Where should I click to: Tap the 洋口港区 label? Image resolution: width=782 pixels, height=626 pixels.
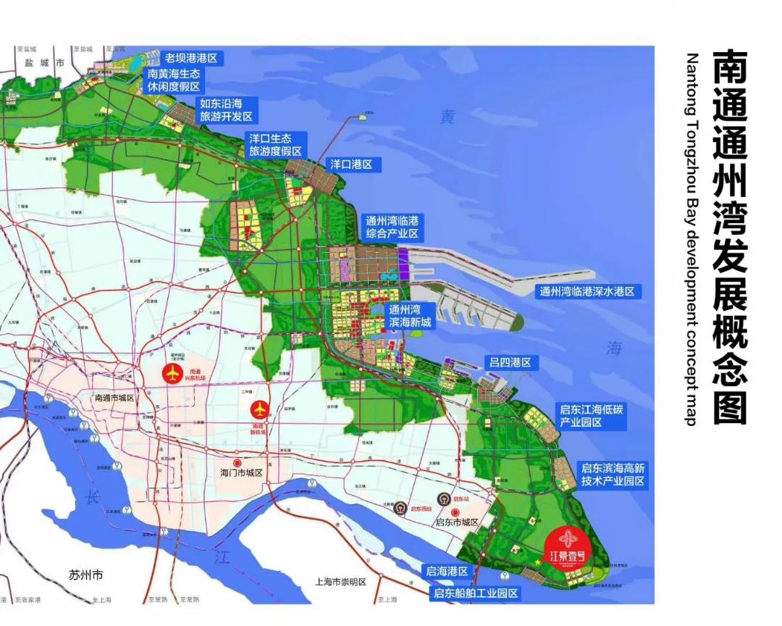[x=351, y=164]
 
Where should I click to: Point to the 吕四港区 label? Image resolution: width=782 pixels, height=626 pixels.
[x=510, y=362]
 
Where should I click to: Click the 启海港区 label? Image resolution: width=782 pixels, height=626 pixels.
[x=447, y=572]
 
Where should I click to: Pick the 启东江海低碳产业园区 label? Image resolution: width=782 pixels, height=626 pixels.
[x=591, y=416]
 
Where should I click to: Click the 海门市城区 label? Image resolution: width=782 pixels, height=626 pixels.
[x=240, y=472]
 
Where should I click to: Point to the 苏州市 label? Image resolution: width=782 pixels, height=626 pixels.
[x=86, y=575]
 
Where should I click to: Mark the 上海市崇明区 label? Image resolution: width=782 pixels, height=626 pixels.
[x=342, y=582]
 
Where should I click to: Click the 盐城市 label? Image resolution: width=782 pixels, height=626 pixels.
[x=44, y=64]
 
